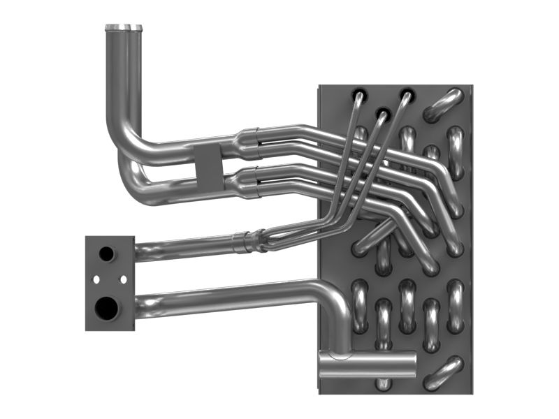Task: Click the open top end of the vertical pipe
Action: pyautogui.click(x=124, y=28)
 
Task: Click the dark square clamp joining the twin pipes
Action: pyautogui.click(x=207, y=168)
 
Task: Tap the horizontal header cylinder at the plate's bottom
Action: pyautogui.click(x=367, y=364)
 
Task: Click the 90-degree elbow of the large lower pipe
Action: pyautogui.click(x=333, y=296)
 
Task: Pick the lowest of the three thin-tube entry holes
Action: pyautogui.click(x=382, y=112)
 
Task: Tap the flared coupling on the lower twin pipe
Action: pyautogui.click(x=245, y=183)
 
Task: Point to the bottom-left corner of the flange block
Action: pyautogui.click(x=87, y=328)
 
